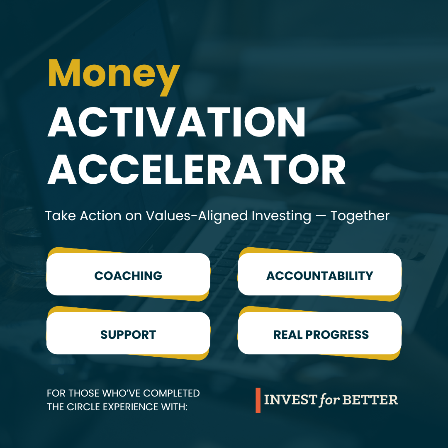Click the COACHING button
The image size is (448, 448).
tap(128, 275)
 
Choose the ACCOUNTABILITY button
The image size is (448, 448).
tap(319, 275)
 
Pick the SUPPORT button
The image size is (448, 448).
tap(128, 335)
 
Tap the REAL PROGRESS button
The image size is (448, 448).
tap(321, 335)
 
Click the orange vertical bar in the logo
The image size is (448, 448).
tap(258, 400)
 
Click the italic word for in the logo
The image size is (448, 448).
tap(329, 400)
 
